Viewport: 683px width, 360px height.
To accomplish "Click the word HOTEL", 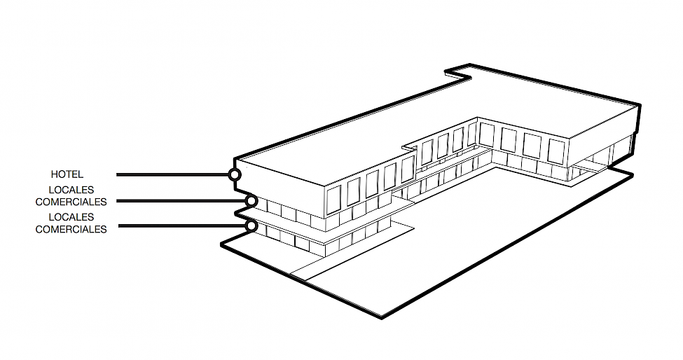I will coord(67,174).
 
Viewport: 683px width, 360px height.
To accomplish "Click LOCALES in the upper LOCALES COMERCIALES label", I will coord(71,190).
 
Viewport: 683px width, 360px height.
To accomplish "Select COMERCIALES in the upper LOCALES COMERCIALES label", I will coord(71,202).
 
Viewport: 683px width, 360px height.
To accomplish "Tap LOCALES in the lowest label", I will coord(71,218).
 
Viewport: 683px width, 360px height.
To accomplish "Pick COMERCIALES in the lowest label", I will coord(71,229).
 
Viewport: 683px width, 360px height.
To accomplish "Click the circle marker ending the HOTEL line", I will coord(235,174).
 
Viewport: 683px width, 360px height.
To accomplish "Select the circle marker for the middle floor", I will coord(250,202).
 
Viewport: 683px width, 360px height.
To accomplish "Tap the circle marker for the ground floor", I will coord(250,226).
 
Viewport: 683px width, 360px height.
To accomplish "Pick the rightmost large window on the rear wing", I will coord(556,151).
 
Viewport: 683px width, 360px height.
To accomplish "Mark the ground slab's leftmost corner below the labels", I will coord(221,244).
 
